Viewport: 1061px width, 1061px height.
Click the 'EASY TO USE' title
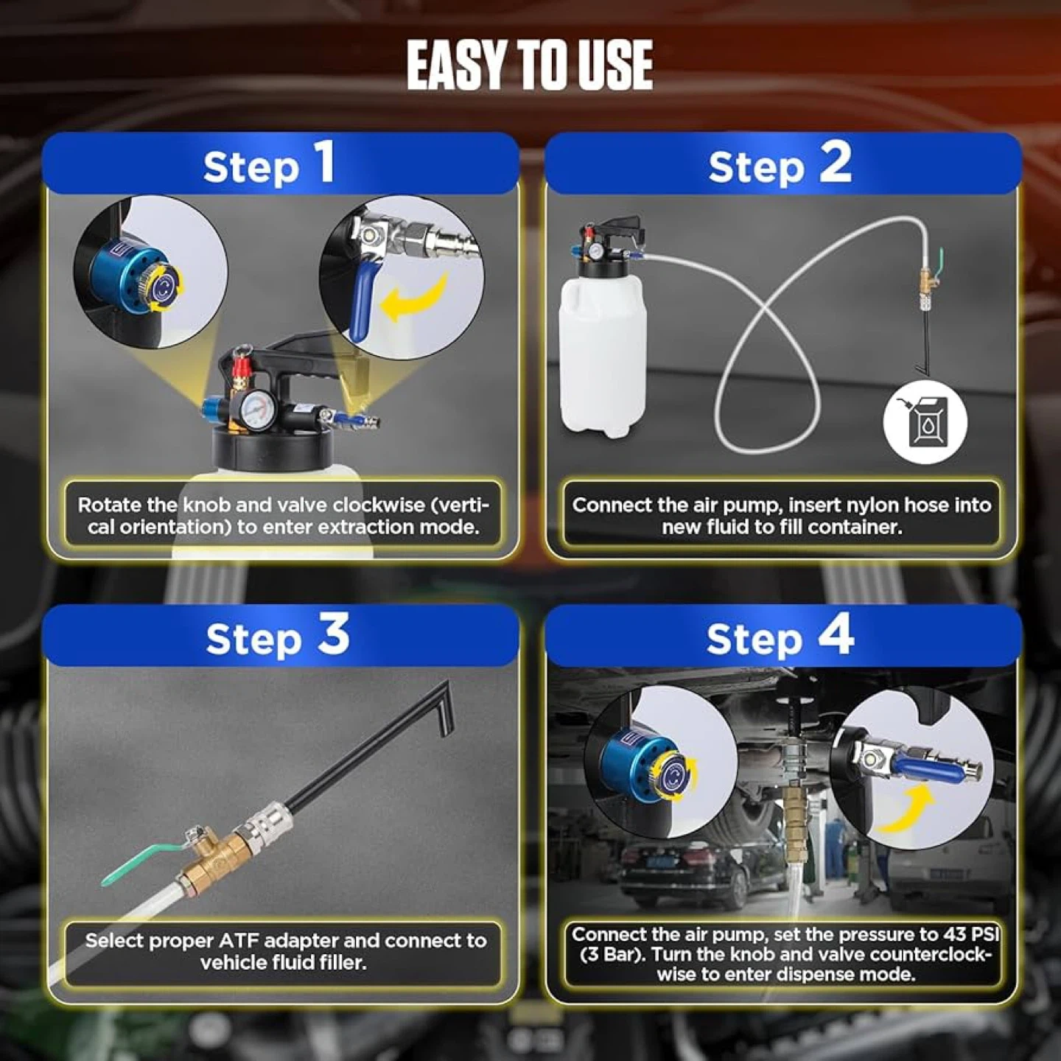coord(530,66)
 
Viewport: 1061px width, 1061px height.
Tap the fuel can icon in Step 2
coord(925,421)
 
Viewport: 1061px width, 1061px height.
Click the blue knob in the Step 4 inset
coord(655,768)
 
